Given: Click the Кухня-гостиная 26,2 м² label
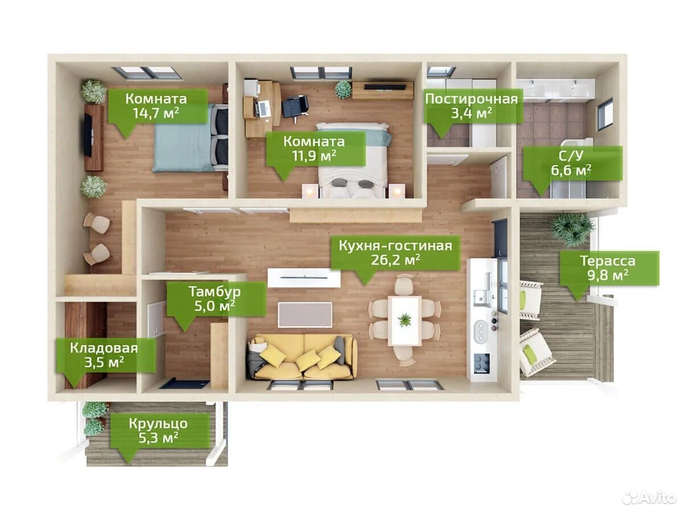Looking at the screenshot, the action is (395, 253).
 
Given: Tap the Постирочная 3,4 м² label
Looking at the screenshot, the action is (471, 106).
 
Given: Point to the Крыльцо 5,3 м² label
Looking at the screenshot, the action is (158, 431).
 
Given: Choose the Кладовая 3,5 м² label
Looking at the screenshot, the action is (104, 355).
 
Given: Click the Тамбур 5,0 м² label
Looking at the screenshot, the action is (215, 299).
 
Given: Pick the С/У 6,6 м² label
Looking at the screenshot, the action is (571, 163).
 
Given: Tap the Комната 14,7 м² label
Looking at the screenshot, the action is (156, 106).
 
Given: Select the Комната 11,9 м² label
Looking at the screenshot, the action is (314, 148).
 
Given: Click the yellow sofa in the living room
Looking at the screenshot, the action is (302, 357).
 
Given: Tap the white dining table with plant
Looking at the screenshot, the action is (405, 320).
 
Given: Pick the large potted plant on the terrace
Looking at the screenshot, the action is (572, 229).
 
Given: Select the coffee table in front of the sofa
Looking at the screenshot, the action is (305, 315).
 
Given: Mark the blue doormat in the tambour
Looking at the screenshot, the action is (184, 383).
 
